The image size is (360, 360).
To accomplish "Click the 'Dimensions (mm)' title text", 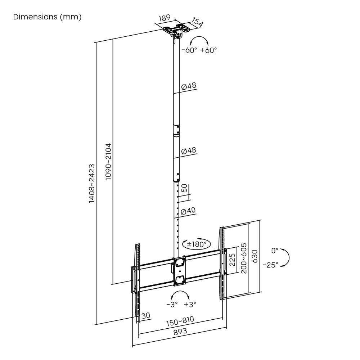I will [x=47, y=17].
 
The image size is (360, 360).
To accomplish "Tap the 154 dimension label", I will [x=197, y=22].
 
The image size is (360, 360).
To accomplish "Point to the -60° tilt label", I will [x=190, y=50].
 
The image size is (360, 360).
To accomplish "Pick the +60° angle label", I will [x=209, y=50].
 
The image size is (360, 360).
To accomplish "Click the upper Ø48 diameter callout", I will [x=189, y=87].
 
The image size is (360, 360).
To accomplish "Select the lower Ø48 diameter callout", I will [x=189, y=151].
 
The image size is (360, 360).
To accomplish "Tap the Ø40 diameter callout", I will [x=188, y=211].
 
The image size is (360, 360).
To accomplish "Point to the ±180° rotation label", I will [x=197, y=244].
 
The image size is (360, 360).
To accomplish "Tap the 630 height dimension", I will [x=255, y=256].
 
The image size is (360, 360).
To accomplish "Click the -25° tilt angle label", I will [x=270, y=265].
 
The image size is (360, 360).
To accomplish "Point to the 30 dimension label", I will [x=146, y=316].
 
